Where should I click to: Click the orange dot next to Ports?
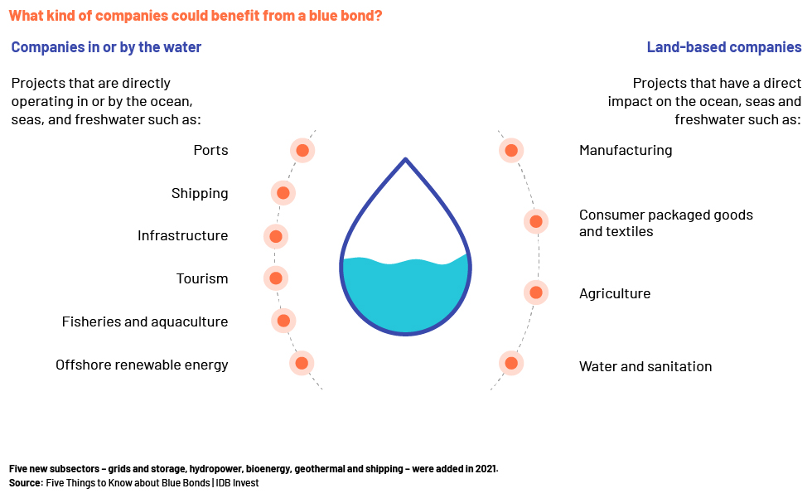pyautogui.click(x=302, y=151)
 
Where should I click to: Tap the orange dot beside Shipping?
pyautogui.click(x=283, y=193)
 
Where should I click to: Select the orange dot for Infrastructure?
pyautogui.click(x=276, y=237)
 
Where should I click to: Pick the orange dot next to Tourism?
pyautogui.click(x=276, y=278)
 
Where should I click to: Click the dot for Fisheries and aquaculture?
pyautogui.click(x=283, y=321)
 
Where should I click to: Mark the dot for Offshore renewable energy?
pyautogui.click(x=302, y=364)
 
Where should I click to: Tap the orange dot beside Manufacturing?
pyautogui.click(x=512, y=151)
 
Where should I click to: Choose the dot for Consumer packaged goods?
pyautogui.click(x=536, y=221)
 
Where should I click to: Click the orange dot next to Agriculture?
pyautogui.click(x=536, y=293)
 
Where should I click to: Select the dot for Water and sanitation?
pyautogui.click(x=512, y=364)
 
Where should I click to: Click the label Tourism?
pyautogui.click(x=202, y=278)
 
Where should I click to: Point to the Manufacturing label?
pyautogui.click(x=626, y=151)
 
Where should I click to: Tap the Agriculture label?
pyautogui.click(x=615, y=293)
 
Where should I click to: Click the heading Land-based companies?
pyautogui.click(x=724, y=47)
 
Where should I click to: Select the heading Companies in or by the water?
pyautogui.click(x=106, y=47)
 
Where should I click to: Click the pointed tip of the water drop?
pyautogui.click(x=405, y=159)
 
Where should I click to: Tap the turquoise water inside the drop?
pyautogui.click(x=405, y=295)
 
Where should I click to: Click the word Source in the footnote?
pyautogui.click(x=25, y=483)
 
